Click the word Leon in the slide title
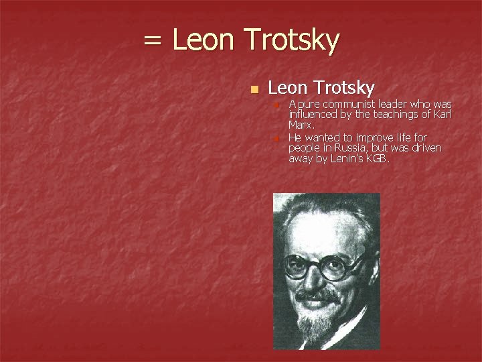click(204, 40)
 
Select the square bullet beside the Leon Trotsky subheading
click(252, 89)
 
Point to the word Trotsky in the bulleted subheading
click(343, 88)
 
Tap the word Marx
click(301, 125)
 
